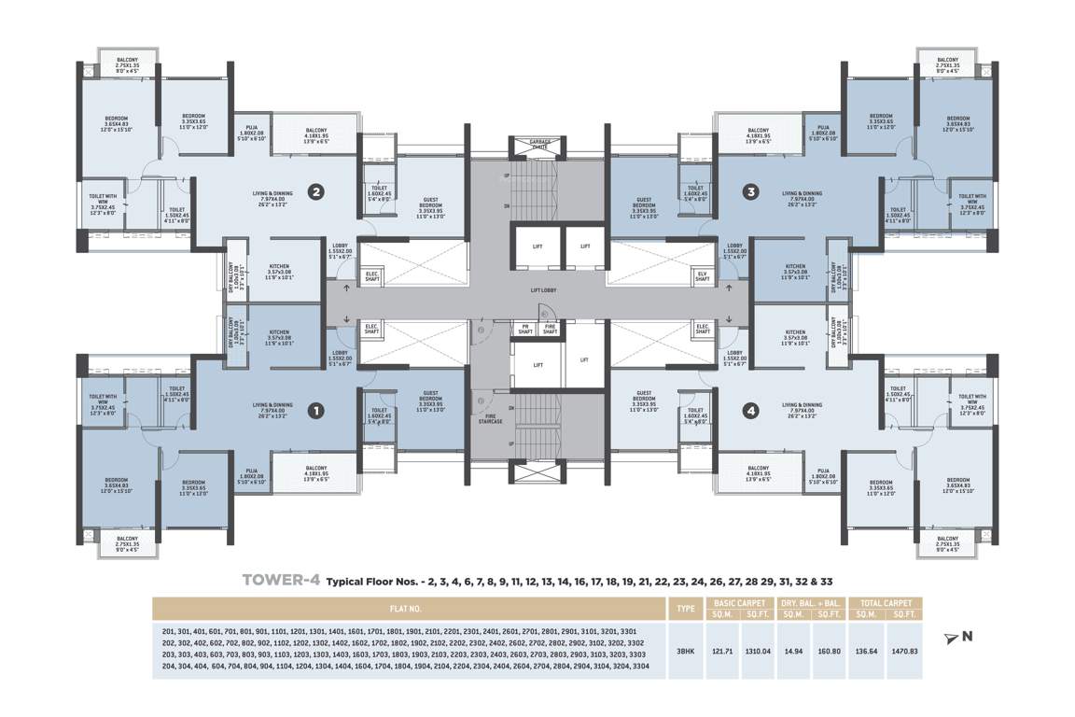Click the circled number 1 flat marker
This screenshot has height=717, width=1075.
(316, 409)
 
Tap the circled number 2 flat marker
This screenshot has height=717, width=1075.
(316, 193)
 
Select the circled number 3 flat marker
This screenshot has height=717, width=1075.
(750, 193)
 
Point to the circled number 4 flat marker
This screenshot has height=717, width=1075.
(750, 409)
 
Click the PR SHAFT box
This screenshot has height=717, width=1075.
(525, 329)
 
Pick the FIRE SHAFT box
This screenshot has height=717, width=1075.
(551, 329)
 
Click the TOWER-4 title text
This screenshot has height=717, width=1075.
(281, 580)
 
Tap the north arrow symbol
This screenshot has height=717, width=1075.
(951, 638)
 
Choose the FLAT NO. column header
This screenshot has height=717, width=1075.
(408, 609)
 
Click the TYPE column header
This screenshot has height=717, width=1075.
(685, 609)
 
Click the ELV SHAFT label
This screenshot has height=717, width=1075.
(702, 275)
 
